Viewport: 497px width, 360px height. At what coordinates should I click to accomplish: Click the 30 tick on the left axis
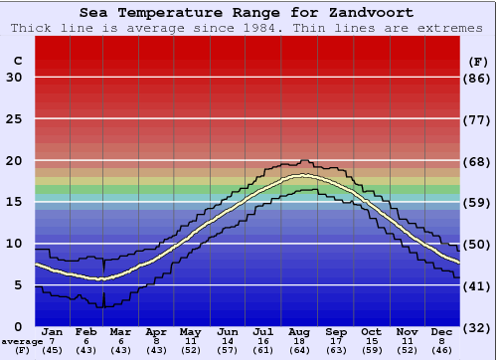[x=14, y=78]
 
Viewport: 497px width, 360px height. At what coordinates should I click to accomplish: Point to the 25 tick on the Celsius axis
[x=14, y=119]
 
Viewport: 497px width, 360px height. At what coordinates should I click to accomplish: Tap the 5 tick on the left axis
[x=18, y=285]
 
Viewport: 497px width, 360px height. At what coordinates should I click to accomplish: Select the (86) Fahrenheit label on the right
[x=478, y=78]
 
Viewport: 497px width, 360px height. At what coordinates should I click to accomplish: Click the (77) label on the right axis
[x=478, y=119]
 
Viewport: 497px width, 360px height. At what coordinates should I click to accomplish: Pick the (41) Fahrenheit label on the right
[x=478, y=285]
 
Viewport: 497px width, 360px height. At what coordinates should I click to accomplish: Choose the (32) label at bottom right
[x=478, y=327]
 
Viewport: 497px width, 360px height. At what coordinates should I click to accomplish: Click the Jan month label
[x=53, y=332]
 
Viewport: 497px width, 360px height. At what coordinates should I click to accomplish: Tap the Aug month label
[x=300, y=332]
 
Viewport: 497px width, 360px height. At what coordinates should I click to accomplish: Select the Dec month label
[x=441, y=332]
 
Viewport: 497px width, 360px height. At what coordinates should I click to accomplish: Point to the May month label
[x=189, y=332]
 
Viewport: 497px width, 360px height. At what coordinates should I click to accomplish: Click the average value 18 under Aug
[x=300, y=341]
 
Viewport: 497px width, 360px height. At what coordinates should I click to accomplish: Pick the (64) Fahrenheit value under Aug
[x=300, y=350]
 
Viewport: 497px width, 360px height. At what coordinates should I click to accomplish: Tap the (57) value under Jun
[x=229, y=350]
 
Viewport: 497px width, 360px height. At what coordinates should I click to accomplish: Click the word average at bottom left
[x=21, y=341]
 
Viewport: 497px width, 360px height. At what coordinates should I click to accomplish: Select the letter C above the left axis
[x=17, y=61]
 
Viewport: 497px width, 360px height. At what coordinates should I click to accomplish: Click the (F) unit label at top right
[x=478, y=61]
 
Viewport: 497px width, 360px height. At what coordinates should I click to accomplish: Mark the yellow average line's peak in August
[x=298, y=177]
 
